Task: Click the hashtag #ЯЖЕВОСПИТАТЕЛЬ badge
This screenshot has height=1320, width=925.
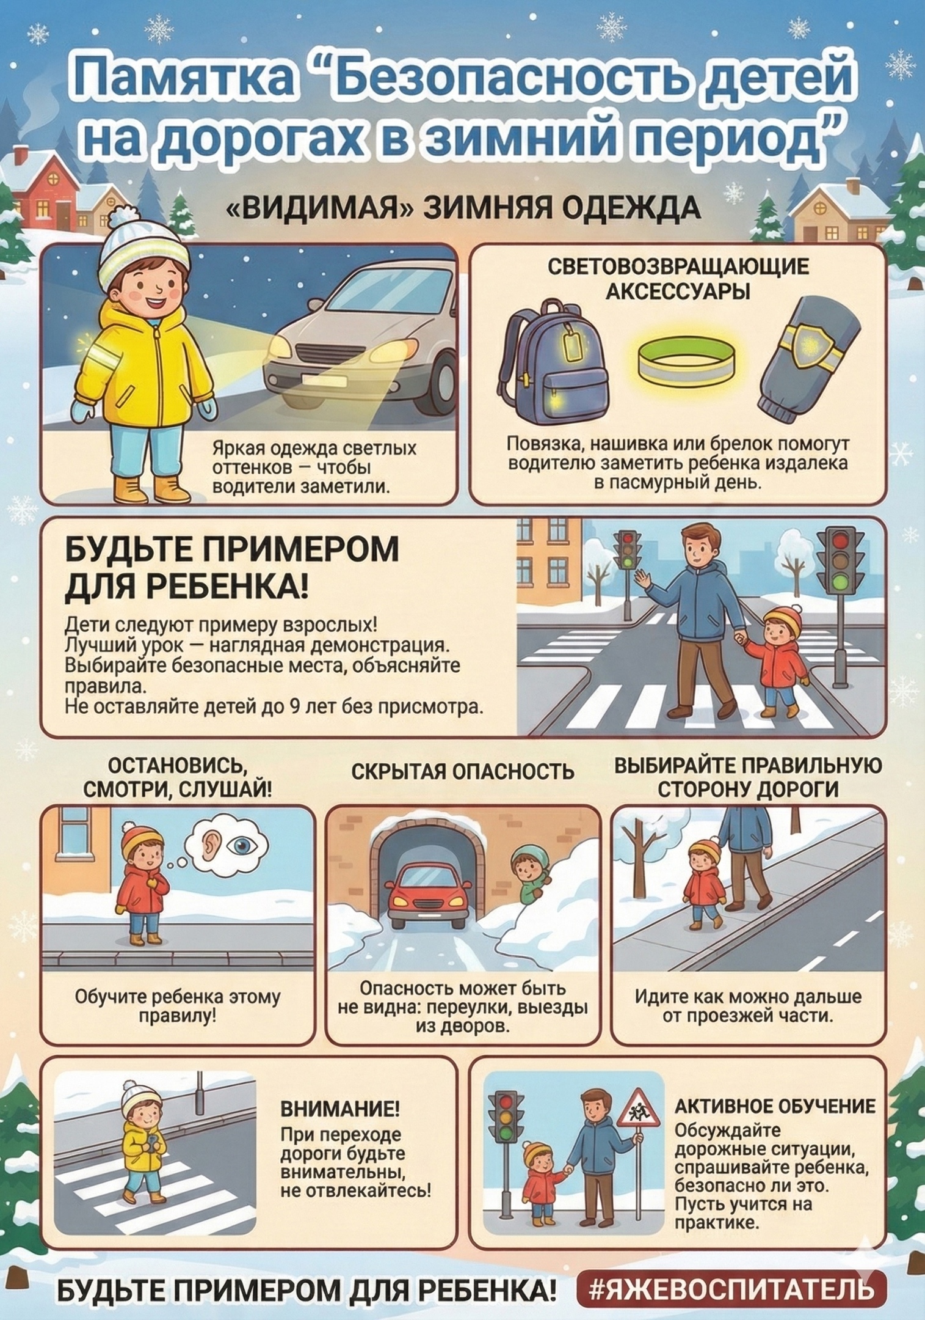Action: (x=730, y=1288)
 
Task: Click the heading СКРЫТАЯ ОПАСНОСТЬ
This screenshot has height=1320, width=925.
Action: (x=462, y=772)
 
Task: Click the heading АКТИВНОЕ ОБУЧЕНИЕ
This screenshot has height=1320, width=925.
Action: (x=775, y=1105)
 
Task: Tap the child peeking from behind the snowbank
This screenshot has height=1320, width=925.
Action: (x=527, y=872)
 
